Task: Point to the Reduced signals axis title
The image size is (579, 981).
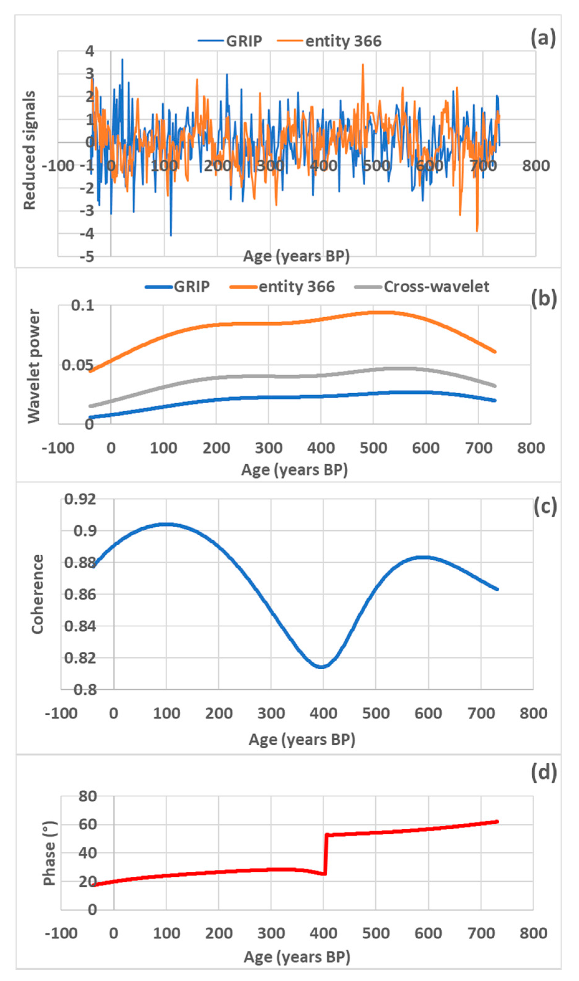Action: (x=30, y=150)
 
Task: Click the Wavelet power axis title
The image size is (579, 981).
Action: (x=34, y=366)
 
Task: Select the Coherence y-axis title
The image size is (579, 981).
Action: (x=37, y=594)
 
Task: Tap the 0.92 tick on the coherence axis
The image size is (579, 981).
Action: (x=80, y=499)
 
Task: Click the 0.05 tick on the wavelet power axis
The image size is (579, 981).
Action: (x=77, y=366)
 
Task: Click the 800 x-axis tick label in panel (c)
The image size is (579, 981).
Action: (x=533, y=713)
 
